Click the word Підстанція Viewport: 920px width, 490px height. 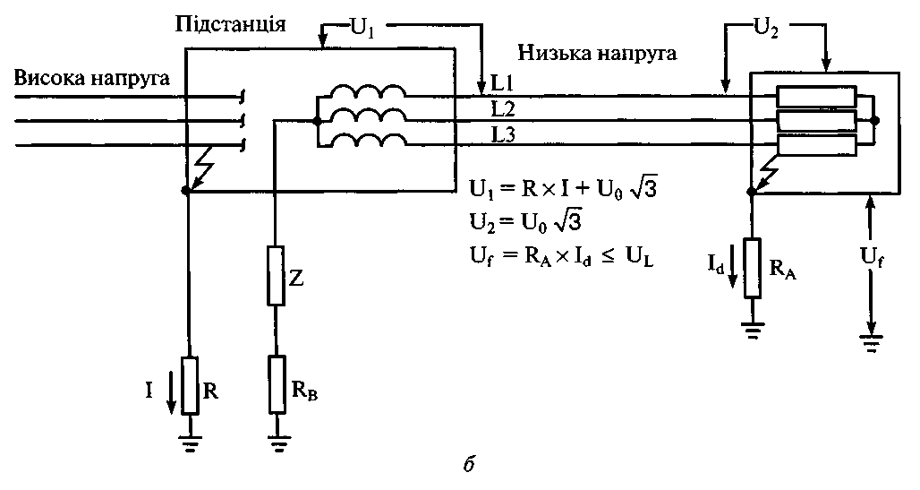tap(230, 24)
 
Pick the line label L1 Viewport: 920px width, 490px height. tap(501, 84)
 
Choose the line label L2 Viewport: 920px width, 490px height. tap(502, 108)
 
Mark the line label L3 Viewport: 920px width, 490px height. tap(502, 133)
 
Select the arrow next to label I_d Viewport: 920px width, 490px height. tap(732, 273)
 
